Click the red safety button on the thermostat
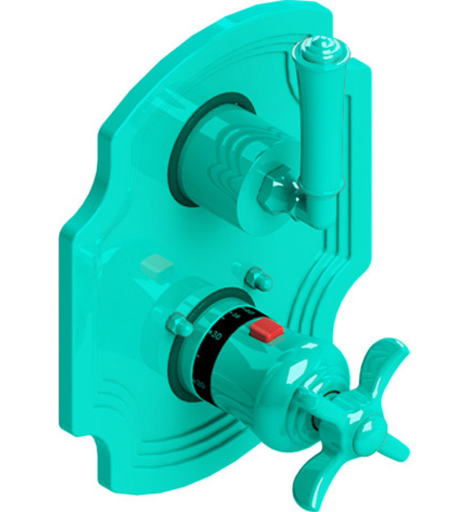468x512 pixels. tap(268, 330)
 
